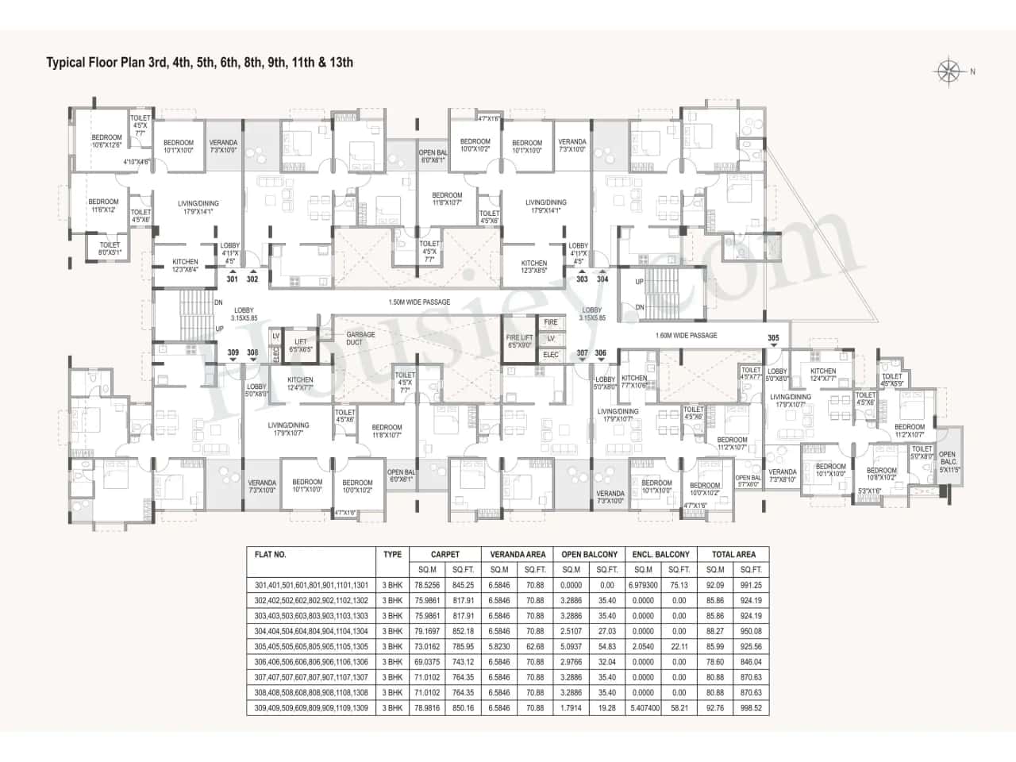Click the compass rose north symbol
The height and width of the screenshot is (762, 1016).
(949, 71)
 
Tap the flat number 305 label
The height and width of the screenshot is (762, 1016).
(773, 338)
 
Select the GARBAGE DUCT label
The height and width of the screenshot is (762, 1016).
(360, 338)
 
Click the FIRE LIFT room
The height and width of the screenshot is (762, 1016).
(519, 341)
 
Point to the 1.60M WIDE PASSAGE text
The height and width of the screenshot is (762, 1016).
(687, 335)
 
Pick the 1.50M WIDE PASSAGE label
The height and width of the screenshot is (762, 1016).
(419, 302)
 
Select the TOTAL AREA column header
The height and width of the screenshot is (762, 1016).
(733, 554)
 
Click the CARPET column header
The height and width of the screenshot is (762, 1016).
(444, 554)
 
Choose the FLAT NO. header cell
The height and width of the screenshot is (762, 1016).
(271, 555)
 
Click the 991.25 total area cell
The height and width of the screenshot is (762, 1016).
(750, 585)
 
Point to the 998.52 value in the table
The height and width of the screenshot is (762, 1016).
(750, 708)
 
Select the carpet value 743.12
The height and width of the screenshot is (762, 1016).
(463, 662)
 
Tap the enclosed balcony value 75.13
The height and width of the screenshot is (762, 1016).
(679, 585)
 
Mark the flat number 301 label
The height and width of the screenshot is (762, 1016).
(232, 279)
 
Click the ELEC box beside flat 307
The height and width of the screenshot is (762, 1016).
(551, 355)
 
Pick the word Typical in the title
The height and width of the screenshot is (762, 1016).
(66, 62)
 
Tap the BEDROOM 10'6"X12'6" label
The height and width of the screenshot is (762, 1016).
(107, 140)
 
